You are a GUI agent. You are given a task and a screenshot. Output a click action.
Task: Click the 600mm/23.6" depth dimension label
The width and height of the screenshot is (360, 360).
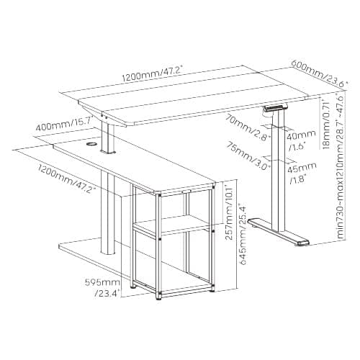click(x=320, y=74)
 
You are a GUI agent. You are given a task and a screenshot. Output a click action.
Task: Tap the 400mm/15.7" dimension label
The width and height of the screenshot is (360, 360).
click(x=63, y=124)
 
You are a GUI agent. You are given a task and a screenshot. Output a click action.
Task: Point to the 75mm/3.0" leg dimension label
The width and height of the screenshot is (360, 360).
click(x=249, y=156)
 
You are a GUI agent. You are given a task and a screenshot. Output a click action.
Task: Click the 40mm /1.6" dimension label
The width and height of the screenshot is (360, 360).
click(x=301, y=141)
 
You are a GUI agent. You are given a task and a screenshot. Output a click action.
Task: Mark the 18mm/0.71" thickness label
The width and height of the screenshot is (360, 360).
click(x=326, y=124)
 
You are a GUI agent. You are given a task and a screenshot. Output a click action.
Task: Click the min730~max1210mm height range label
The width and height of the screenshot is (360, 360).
click(x=341, y=166)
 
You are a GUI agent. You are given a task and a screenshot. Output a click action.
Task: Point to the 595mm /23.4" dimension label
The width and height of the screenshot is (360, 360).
click(x=102, y=287)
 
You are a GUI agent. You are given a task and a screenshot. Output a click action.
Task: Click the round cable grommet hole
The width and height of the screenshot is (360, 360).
click(x=91, y=144)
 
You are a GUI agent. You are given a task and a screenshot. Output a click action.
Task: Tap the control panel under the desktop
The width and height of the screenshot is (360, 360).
click(x=275, y=107)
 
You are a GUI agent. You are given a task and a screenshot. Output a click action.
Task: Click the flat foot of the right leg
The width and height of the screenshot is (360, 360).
click(x=279, y=232)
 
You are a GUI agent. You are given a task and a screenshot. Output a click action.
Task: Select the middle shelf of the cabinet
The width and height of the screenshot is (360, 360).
click(x=171, y=226)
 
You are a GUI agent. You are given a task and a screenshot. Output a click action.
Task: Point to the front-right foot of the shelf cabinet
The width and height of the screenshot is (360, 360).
click(x=212, y=289)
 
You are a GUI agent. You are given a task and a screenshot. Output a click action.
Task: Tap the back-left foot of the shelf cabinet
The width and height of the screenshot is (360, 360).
click(x=132, y=286)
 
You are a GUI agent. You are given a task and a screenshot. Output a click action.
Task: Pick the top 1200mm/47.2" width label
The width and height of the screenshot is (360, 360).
click(x=153, y=74)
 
